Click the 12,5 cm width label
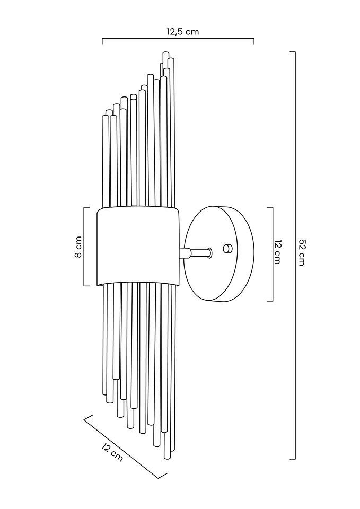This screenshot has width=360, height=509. (183, 32)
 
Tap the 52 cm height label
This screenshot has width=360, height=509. (302, 253)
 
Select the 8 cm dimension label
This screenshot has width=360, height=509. (78, 247)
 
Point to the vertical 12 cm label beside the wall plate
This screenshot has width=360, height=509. (277, 252)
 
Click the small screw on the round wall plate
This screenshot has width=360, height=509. (227, 249)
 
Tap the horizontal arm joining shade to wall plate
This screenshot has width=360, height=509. (196, 253)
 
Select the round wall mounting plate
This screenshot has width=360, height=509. (219, 253)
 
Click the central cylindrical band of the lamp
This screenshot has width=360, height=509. (138, 246)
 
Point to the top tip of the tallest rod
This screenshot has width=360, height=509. (166, 52)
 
